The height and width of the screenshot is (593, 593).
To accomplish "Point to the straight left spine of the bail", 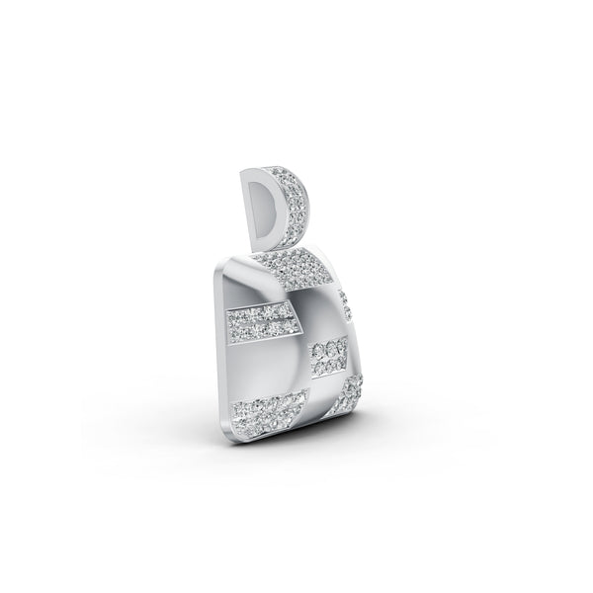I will [x=244, y=208].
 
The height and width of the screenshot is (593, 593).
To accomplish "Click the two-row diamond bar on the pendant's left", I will [x=262, y=321].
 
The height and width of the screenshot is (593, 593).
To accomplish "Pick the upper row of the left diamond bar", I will [x=262, y=313].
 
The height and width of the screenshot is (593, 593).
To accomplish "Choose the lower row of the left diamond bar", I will [x=262, y=329].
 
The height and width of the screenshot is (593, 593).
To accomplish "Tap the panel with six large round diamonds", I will [x=328, y=358].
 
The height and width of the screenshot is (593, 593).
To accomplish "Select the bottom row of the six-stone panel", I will [x=327, y=368].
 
